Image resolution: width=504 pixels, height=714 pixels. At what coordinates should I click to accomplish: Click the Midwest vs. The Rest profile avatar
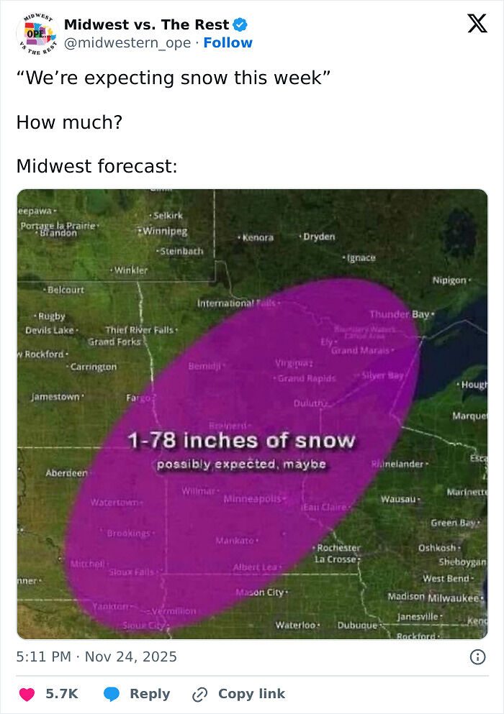click(x=36, y=33)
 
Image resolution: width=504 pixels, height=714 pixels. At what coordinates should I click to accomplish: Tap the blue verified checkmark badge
click(x=241, y=24)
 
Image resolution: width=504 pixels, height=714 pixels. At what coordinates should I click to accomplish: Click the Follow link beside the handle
click(x=228, y=43)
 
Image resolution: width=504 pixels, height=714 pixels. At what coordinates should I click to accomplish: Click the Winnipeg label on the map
click(x=165, y=231)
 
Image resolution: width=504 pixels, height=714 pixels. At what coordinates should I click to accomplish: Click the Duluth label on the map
click(x=310, y=403)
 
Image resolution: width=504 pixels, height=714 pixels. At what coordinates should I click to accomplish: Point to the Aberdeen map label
click(x=66, y=473)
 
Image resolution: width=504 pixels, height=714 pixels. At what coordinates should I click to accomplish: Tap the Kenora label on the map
click(x=258, y=237)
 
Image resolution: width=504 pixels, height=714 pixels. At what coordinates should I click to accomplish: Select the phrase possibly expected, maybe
click(x=241, y=464)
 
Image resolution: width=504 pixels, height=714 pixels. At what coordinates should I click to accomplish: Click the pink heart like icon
click(x=27, y=694)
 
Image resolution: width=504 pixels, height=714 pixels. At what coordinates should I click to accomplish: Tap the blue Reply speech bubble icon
click(x=111, y=694)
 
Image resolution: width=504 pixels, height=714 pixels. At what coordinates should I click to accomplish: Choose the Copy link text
click(x=251, y=694)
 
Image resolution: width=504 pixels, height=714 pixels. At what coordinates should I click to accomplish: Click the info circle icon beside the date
click(x=477, y=656)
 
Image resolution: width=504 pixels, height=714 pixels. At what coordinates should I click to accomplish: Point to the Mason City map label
click(x=261, y=592)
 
